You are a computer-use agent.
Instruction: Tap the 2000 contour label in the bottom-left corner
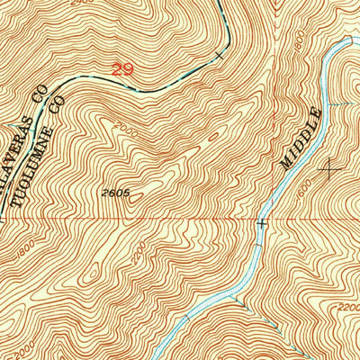[26, 334]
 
